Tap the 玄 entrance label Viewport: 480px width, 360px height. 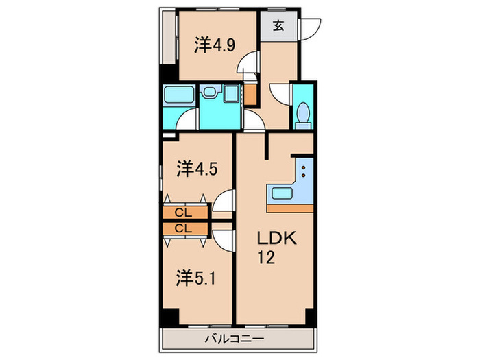pyautogui.click(x=280, y=27)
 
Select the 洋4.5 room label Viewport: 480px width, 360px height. pyautogui.click(x=197, y=168)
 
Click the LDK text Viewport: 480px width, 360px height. pyautogui.click(x=276, y=239)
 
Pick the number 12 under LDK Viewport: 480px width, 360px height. pyautogui.click(x=267, y=259)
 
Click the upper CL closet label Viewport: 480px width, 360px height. pyautogui.click(x=182, y=213)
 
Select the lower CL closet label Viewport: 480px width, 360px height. pyautogui.click(x=182, y=228)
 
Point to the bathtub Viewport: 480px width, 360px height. pyautogui.click(x=180, y=95)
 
